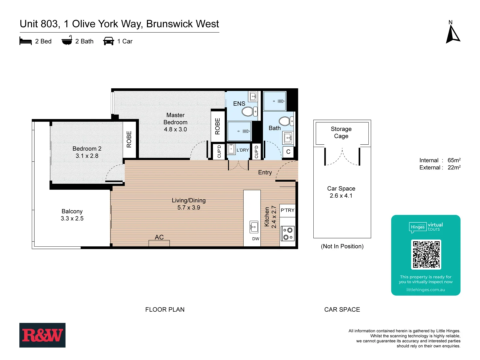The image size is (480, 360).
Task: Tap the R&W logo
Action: [42, 335]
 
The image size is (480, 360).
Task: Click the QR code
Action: [426, 254]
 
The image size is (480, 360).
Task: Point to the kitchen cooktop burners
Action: [288, 233]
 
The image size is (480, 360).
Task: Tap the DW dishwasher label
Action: [256, 239]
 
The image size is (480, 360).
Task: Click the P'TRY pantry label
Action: [287, 210]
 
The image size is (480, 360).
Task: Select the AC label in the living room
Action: [159, 237]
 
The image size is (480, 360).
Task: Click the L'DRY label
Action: [243, 150]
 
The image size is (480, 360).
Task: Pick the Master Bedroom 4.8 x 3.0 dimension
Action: [175, 129]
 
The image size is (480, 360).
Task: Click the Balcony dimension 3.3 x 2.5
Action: [72, 218]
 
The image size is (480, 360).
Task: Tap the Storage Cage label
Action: [341, 132]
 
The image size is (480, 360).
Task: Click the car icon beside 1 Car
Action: [109, 41]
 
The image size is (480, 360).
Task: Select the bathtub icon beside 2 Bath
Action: [67, 41]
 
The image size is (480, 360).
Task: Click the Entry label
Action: [265, 172]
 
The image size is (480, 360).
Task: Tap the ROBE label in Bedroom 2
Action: [129, 139]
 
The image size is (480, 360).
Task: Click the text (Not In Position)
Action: [342, 246]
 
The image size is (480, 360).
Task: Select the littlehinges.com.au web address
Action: [426, 290]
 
